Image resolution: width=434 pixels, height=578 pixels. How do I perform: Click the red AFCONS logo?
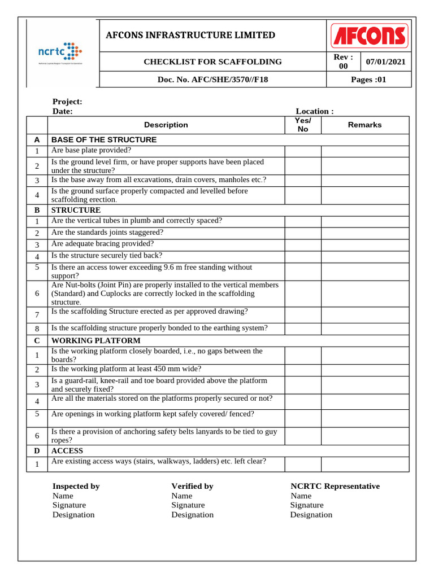(368, 36)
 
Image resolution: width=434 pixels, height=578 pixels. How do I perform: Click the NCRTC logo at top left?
(60, 52)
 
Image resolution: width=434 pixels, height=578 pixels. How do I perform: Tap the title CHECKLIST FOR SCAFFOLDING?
(212, 62)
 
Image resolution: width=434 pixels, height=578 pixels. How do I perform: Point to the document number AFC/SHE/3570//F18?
(212, 80)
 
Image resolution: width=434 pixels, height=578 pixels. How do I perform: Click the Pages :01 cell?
(368, 80)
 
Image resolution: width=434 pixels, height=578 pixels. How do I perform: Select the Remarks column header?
(364, 125)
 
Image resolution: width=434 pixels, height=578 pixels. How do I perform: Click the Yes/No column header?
(303, 125)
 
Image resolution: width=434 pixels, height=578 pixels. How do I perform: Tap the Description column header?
(166, 125)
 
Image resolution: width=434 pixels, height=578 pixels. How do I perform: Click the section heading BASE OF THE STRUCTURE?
(104, 139)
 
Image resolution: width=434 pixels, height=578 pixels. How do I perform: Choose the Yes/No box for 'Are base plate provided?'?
(303, 151)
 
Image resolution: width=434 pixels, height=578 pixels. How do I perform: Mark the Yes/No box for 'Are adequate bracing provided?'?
(303, 244)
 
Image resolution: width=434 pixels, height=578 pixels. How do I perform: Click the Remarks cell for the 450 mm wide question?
(364, 370)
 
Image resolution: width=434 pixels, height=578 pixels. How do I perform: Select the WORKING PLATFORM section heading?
(96, 341)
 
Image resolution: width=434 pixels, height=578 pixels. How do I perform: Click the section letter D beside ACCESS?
(37, 451)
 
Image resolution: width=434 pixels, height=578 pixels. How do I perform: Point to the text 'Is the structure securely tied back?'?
(107, 255)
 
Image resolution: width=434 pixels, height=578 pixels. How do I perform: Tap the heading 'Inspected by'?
(76, 486)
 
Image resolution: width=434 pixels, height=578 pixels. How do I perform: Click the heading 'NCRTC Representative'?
(335, 486)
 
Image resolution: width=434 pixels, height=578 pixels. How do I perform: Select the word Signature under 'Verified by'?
(188, 505)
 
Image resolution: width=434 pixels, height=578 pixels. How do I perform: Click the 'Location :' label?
(315, 111)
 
